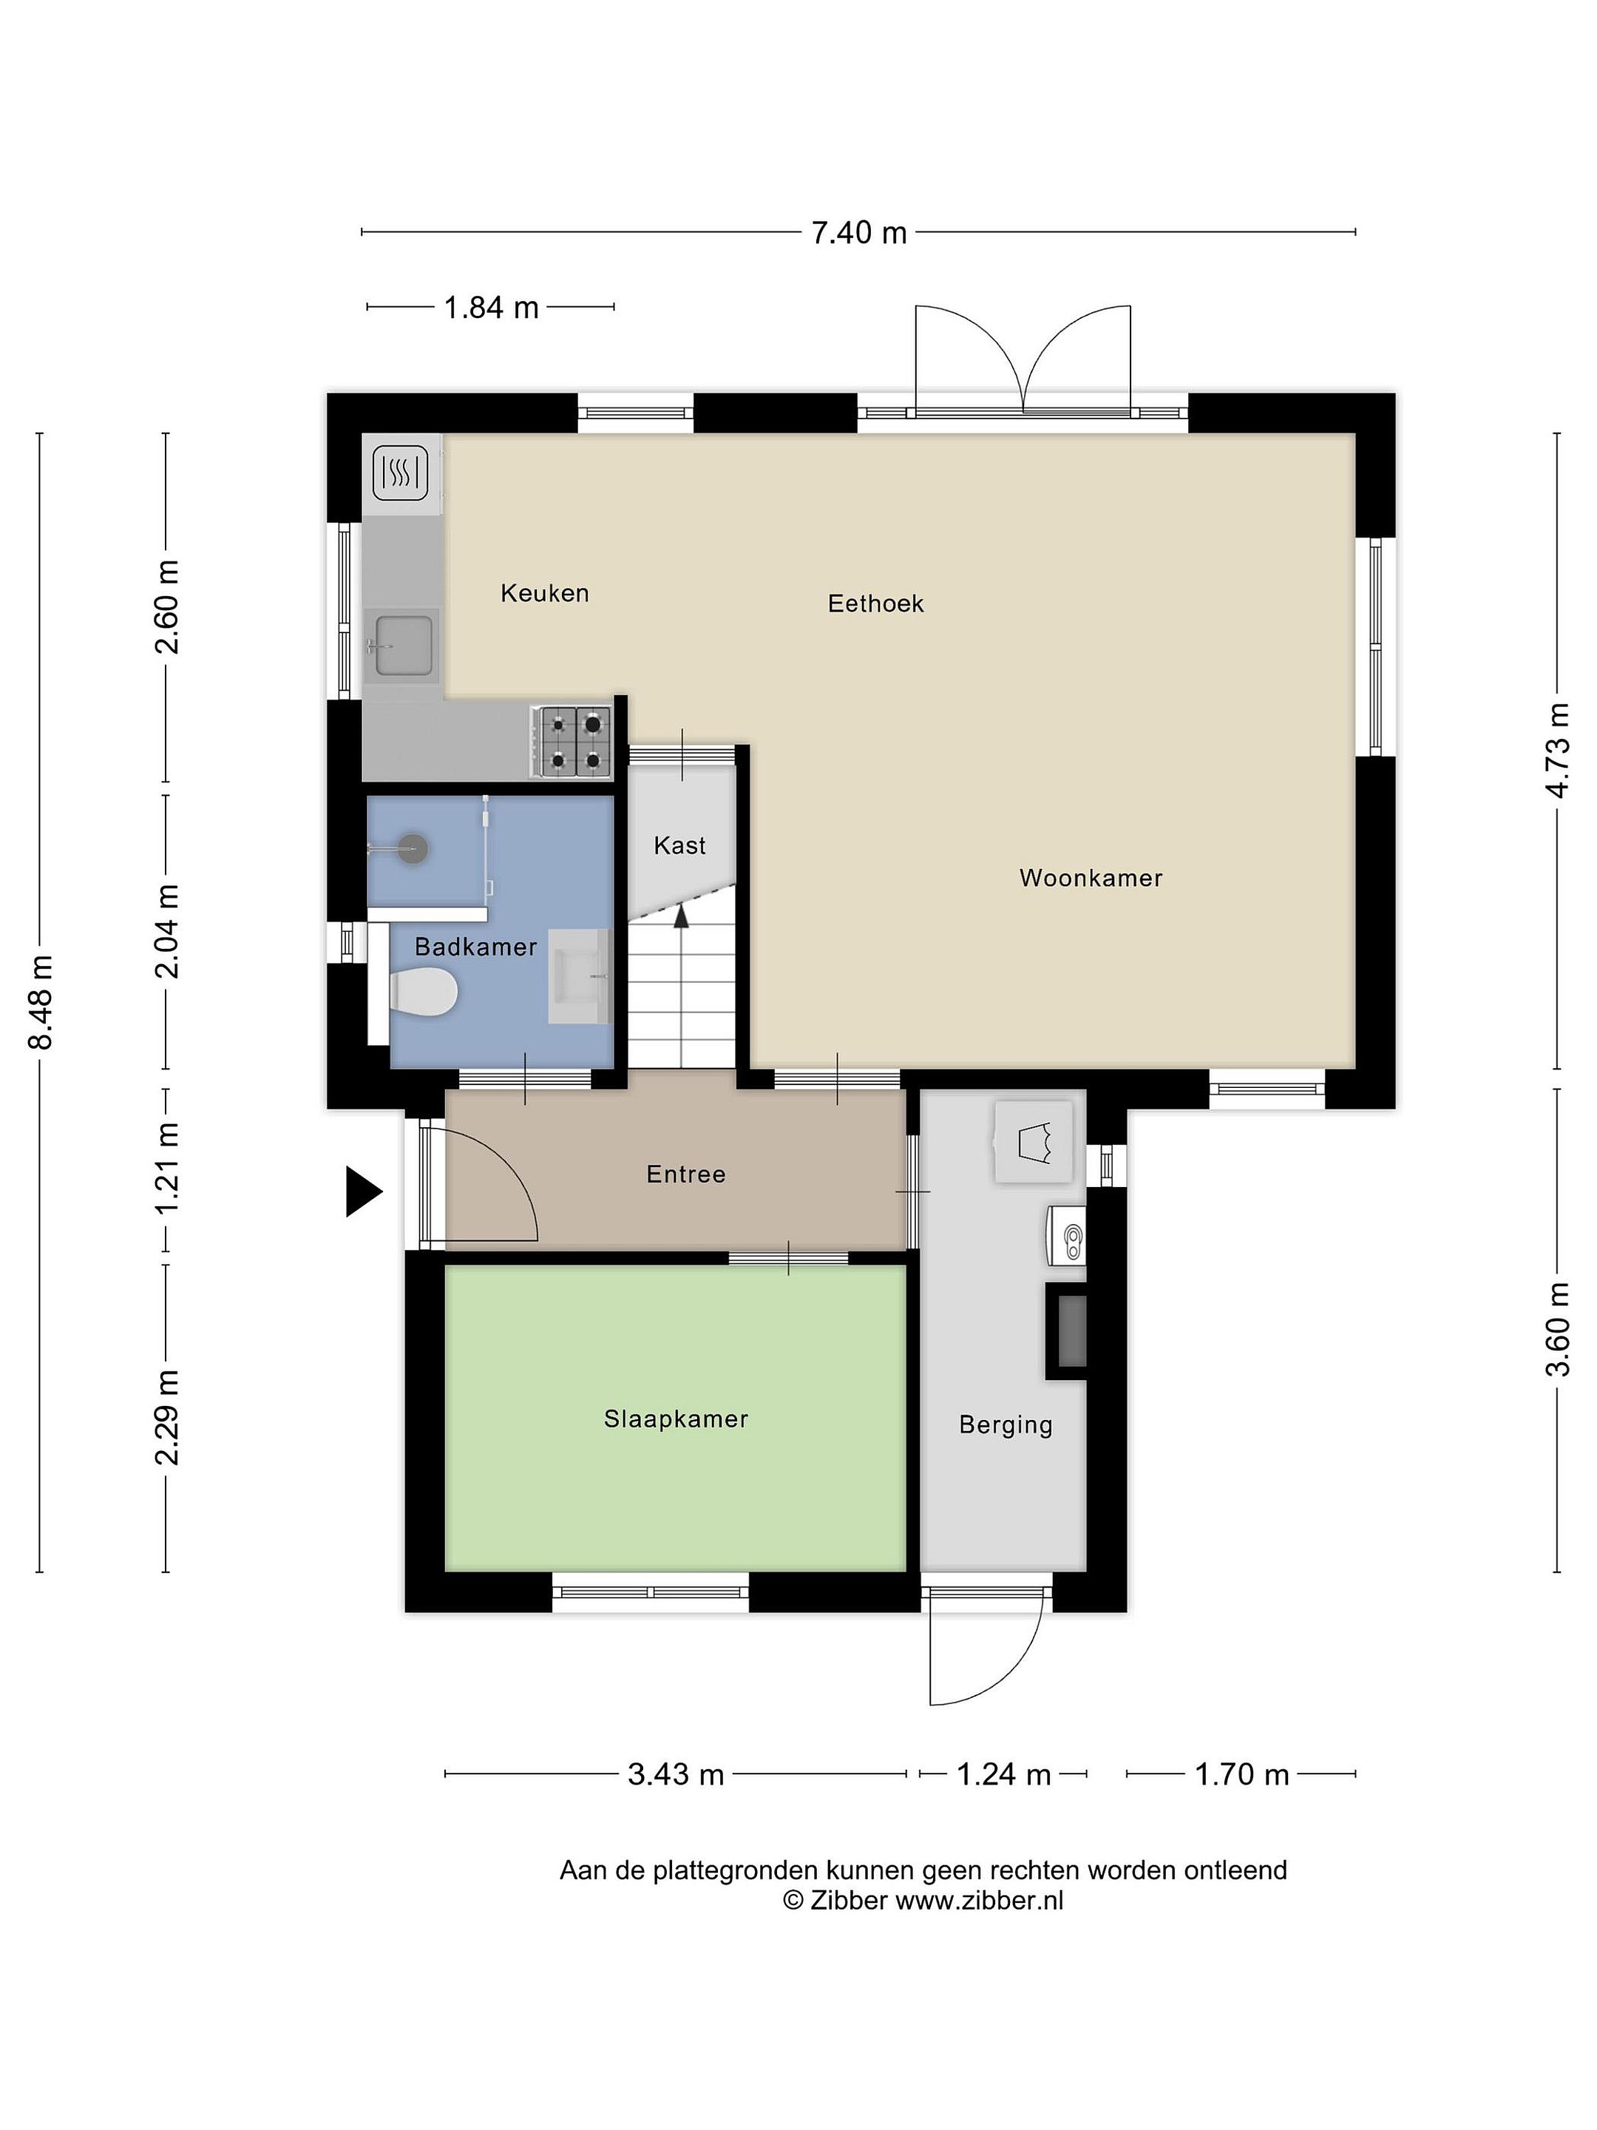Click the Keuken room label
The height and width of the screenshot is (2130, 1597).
pyautogui.click(x=544, y=593)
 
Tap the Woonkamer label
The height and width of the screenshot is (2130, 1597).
pyautogui.click(x=1091, y=878)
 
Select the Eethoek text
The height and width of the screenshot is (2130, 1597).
pyautogui.click(x=875, y=603)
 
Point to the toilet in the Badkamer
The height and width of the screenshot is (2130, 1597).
pyautogui.click(x=423, y=992)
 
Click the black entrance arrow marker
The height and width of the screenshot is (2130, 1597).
pyautogui.click(x=364, y=1192)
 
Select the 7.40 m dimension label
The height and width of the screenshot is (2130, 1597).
pyautogui.click(x=858, y=232)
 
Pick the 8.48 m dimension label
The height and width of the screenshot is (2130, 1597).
pyautogui.click(x=41, y=1002)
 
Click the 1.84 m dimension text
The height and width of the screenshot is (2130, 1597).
pyautogui.click(x=491, y=307)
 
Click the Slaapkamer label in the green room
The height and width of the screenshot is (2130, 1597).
pyautogui.click(x=676, y=1419)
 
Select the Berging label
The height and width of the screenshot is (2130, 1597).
pyautogui.click(x=1006, y=1425)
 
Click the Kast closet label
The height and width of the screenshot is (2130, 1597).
pyautogui.click(x=679, y=845)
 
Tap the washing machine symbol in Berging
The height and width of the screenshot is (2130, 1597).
pyautogui.click(x=1033, y=1142)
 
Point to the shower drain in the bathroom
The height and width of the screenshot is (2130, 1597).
pyautogui.click(x=413, y=848)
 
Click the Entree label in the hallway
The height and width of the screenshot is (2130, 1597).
pyautogui.click(x=685, y=1174)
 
